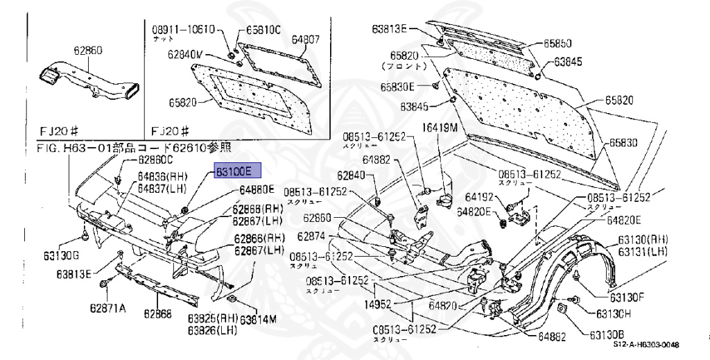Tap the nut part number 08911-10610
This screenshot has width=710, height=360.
point(184,30)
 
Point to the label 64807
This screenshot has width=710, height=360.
point(305,40)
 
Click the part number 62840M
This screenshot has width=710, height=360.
point(188,54)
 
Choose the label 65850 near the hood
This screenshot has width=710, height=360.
point(557,43)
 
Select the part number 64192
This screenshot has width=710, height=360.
point(479,196)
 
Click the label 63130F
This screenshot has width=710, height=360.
point(627,298)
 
